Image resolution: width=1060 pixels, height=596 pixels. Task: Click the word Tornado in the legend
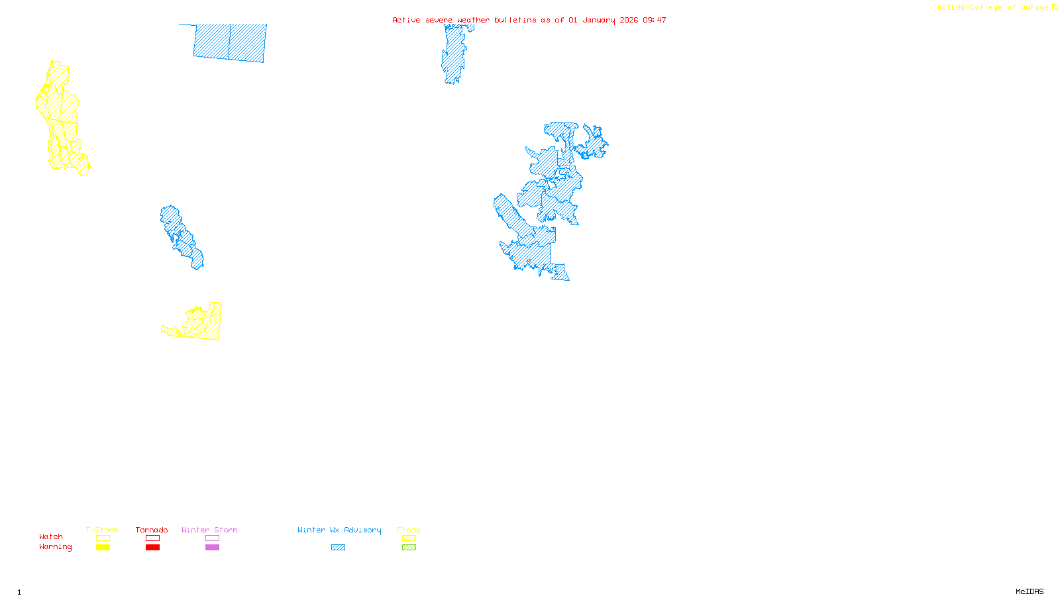pyautogui.click(x=152, y=530)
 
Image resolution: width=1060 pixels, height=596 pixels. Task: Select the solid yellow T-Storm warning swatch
pyautogui.click(x=103, y=548)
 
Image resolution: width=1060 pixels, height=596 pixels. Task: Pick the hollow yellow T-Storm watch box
pyautogui.click(x=103, y=538)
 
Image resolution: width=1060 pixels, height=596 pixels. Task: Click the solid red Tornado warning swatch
pyautogui.click(x=152, y=548)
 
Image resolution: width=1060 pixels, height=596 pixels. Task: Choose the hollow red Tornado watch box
pyautogui.click(x=152, y=538)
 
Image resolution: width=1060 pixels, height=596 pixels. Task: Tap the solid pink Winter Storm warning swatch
pyautogui.click(x=212, y=548)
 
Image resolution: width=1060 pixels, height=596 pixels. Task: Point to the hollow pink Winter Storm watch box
pyautogui.click(x=212, y=538)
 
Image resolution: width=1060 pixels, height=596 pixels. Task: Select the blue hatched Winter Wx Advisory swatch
pyautogui.click(x=338, y=548)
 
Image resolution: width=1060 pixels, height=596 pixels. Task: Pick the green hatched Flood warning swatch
pyautogui.click(x=409, y=548)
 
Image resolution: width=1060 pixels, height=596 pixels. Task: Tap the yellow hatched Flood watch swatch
pyautogui.click(x=409, y=538)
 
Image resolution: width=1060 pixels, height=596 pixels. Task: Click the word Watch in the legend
pyautogui.click(x=51, y=537)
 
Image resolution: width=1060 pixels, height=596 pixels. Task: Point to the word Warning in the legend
pyautogui.click(x=55, y=547)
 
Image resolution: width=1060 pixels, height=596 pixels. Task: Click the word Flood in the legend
pyautogui.click(x=409, y=530)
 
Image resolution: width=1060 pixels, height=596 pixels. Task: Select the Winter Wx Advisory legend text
pyautogui.click(x=339, y=530)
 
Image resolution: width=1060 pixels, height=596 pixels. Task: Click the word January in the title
pyautogui.click(x=599, y=20)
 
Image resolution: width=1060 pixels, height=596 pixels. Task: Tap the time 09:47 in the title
pyautogui.click(x=655, y=20)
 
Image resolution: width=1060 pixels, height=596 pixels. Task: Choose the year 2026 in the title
pyautogui.click(x=629, y=20)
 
